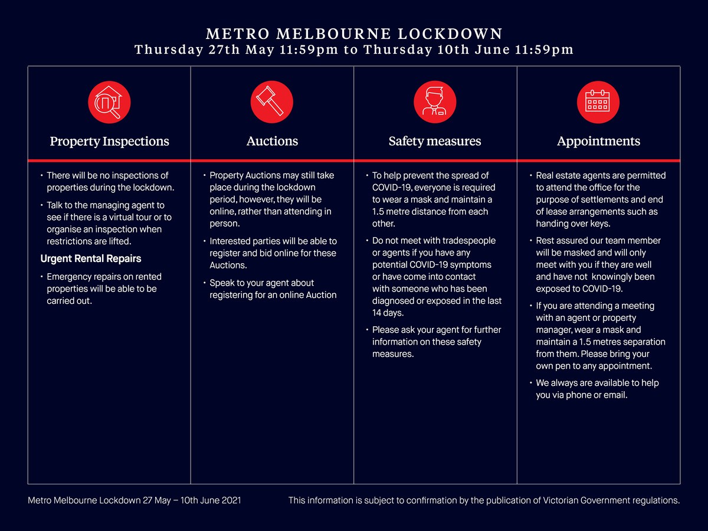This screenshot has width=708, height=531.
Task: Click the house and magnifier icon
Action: [x=109, y=102]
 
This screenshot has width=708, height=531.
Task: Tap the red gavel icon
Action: [x=272, y=102]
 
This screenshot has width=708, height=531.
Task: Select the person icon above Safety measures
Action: [x=435, y=102]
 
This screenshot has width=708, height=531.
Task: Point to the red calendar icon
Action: [x=598, y=102]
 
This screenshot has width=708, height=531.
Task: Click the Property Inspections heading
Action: [x=109, y=142]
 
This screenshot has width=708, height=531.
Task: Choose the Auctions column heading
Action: [x=272, y=142]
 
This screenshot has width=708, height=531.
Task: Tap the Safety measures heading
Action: [x=435, y=142]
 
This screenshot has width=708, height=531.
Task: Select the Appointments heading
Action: [x=598, y=142]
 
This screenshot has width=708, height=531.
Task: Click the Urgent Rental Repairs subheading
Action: [x=91, y=259]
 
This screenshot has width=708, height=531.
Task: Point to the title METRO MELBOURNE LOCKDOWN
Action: [x=354, y=34]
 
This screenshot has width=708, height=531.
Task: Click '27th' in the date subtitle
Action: [x=224, y=50]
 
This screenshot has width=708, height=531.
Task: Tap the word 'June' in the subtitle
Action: [x=490, y=50]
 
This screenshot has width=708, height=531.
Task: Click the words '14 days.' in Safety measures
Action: [x=388, y=313]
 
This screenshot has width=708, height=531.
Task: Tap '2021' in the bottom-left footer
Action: [x=230, y=500]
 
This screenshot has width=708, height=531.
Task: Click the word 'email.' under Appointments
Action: [x=615, y=395]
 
